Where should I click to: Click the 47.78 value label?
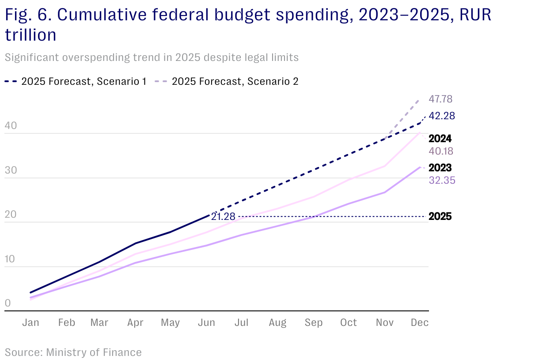click(441, 99)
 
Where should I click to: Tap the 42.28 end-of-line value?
click(442, 116)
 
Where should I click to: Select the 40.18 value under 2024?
click(441, 151)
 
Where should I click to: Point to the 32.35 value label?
click(442, 180)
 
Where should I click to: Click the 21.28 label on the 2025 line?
click(223, 216)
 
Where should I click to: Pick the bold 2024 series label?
click(440, 139)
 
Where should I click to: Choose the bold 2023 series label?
click(440, 168)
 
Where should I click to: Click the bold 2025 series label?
click(440, 217)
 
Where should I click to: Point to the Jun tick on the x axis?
click(206, 323)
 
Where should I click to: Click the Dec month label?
click(420, 323)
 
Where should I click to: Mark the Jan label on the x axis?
click(31, 323)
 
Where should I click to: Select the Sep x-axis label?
click(313, 323)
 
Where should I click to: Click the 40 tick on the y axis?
click(11, 126)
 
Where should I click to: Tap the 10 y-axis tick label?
click(11, 259)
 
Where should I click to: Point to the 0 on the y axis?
click(8, 303)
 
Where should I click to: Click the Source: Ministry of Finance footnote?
click(73, 352)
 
